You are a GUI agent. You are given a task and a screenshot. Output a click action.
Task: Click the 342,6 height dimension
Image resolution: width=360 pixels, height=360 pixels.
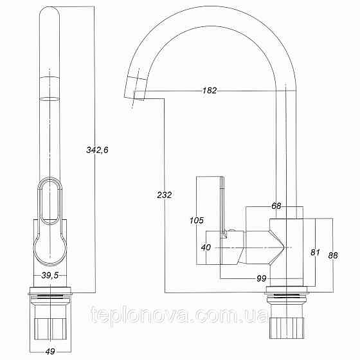pos(98,150)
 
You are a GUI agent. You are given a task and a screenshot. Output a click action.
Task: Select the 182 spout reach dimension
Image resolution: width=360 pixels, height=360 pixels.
pos(209,91)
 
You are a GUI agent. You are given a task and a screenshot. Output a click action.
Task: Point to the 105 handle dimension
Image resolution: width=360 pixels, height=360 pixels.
pos(196,221)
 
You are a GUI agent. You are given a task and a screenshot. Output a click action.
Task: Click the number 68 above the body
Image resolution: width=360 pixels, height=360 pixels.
pos(276,206)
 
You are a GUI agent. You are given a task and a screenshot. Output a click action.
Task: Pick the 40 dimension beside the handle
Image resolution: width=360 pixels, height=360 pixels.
pos(206,247)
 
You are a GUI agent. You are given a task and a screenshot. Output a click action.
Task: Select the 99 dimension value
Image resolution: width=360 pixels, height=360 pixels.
pos(262,278)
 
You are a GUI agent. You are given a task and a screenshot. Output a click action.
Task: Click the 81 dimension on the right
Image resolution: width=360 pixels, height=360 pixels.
pos(314,252)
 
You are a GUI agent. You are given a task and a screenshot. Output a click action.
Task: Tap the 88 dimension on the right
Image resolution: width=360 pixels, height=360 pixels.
pos(332,255)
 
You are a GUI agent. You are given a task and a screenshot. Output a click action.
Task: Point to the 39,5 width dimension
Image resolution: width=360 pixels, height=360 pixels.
pos(50,275)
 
